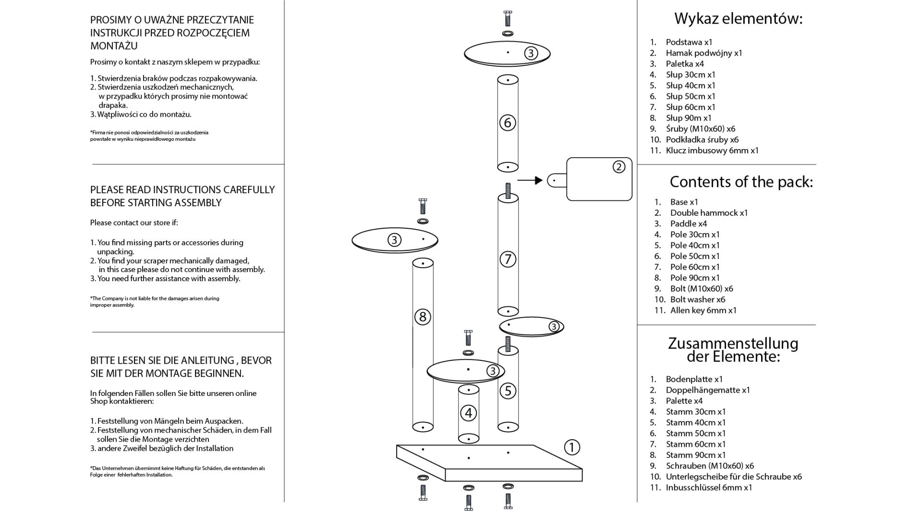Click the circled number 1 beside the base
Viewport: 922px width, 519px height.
pyautogui.click(x=571, y=447)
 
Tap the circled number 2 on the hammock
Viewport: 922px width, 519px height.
pyautogui.click(x=619, y=167)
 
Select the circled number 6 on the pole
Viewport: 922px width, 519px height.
pyautogui.click(x=508, y=123)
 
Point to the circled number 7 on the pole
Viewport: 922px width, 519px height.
pyautogui.click(x=508, y=259)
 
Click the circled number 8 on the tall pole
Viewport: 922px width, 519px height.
pyautogui.click(x=423, y=317)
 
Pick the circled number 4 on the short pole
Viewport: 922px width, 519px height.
pyautogui.click(x=468, y=413)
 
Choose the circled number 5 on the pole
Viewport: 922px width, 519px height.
pyautogui.click(x=508, y=391)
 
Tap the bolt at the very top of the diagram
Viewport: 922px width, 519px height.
pyautogui.click(x=508, y=18)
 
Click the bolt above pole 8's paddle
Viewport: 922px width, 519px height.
pyautogui.click(x=423, y=206)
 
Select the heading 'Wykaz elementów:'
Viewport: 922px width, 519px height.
pyautogui.click(x=739, y=19)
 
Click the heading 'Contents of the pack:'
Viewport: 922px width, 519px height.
pyautogui.click(x=741, y=182)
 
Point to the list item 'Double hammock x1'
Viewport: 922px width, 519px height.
pyautogui.click(x=709, y=213)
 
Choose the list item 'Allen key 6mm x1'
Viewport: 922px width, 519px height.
pyautogui.click(x=703, y=310)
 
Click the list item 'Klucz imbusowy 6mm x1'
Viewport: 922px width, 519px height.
pyautogui.click(x=712, y=150)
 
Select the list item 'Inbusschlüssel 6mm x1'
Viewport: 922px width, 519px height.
pyautogui.click(x=709, y=488)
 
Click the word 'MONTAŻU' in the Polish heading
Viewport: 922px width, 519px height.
pyautogui.click(x=114, y=46)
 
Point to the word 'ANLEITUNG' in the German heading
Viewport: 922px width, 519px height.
pyautogui.click(x=204, y=360)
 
